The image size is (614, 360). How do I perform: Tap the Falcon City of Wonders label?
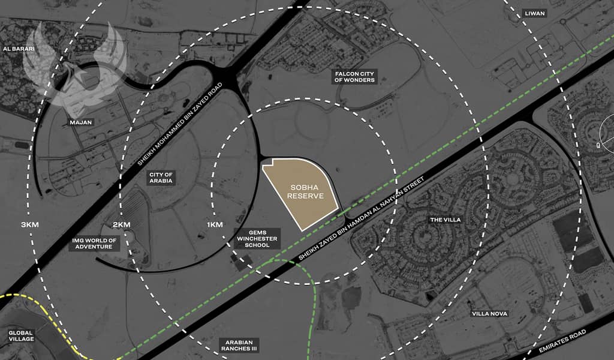click(x=355, y=76)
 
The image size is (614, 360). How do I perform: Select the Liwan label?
click(x=535, y=13)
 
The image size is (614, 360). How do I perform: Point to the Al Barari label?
click(x=18, y=49)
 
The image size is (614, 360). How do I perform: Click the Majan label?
click(x=81, y=122)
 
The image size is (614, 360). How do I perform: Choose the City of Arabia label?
click(x=161, y=177)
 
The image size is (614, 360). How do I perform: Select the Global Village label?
click(x=21, y=335)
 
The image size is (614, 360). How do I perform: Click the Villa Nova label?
click(x=490, y=314)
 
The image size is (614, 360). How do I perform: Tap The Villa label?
click(x=446, y=220)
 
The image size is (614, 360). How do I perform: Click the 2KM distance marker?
click(x=122, y=224)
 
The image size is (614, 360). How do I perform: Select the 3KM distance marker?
click(x=29, y=224)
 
